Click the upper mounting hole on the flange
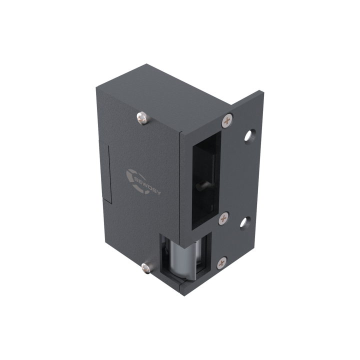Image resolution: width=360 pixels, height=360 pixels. point(246,135)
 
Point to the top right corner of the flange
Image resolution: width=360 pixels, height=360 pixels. point(262,90)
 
